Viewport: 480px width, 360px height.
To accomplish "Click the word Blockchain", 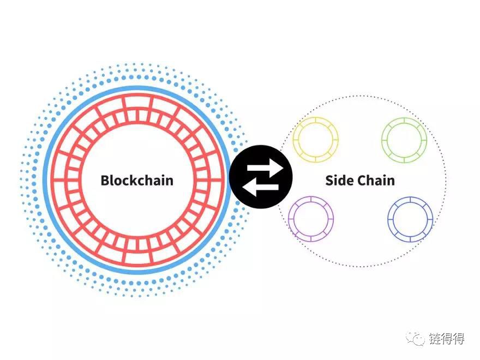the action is pos(137,181).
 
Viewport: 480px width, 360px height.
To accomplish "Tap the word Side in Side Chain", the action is pos(339,181).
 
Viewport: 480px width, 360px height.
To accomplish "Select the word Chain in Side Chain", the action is pos(376,181).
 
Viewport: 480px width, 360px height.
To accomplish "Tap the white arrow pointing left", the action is pos(260,187).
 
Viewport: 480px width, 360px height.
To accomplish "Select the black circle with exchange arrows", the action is pos(261,177).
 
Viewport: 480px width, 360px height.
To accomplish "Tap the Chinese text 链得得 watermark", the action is pos(447,338).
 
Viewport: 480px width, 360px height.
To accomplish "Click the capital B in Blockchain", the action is pos(105,181).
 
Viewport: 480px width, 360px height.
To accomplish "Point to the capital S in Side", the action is pos(329,181).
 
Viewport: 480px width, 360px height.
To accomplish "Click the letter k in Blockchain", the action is pos(135,180).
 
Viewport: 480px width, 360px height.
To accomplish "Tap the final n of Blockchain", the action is pos(169,182).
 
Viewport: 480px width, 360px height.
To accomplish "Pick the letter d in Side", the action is pos(342,181).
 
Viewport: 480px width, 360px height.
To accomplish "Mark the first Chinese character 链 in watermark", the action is pos(435,338).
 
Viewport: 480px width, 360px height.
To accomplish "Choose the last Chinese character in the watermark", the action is pos(459,338).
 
